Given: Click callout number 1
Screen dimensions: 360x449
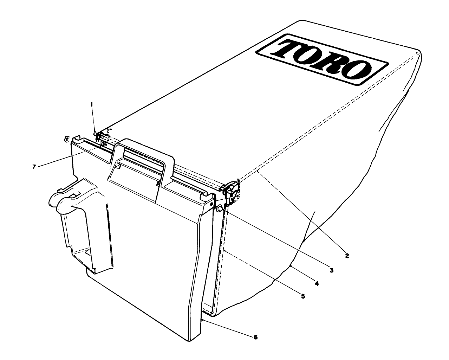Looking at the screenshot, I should pos(92,104).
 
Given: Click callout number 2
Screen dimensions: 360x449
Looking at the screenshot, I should pos(346,256).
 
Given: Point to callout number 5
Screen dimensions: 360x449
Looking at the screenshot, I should pos(303,296).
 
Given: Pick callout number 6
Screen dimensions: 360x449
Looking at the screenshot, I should pos(255,337).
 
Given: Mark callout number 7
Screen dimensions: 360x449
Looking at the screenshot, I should pos(34,167).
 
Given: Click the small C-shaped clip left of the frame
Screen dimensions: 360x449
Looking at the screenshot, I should pos(66,139).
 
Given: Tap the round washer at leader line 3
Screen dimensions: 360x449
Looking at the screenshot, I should pos(220,209).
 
